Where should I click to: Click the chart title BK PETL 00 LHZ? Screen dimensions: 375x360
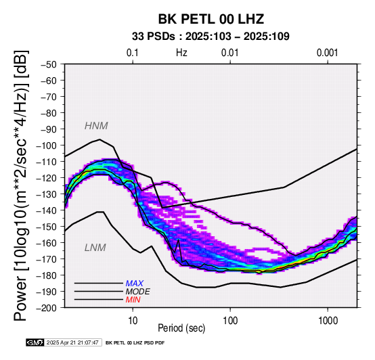[x=211, y=19]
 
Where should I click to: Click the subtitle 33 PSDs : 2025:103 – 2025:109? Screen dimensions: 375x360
[x=211, y=37]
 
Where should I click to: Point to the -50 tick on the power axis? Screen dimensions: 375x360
[x=49, y=64]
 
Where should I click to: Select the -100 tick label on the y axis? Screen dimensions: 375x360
[x=46, y=145]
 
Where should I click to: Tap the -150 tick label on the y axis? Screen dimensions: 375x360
[x=46, y=227]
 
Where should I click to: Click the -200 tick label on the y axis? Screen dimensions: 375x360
[x=46, y=308]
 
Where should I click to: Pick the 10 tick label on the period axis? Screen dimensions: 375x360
[x=133, y=321]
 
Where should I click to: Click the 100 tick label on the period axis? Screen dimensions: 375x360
[x=230, y=321]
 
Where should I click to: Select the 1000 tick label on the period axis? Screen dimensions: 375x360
[x=328, y=321]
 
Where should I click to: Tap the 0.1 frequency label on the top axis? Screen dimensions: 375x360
[x=133, y=53]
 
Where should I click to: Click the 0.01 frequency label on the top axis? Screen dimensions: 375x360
[x=230, y=53]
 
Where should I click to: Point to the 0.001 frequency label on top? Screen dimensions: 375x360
[x=327, y=53]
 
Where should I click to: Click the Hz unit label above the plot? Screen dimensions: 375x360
[x=181, y=53]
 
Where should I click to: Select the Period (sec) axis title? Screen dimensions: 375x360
[x=181, y=328]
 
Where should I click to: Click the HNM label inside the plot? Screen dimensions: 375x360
[x=96, y=126]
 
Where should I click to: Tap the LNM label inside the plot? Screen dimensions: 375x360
[x=95, y=248]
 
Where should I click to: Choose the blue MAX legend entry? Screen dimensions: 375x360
[x=135, y=284]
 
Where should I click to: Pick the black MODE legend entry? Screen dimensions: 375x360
[x=138, y=292]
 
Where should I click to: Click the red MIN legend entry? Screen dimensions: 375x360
[x=133, y=300]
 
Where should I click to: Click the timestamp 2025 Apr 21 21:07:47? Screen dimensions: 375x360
[x=72, y=343]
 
